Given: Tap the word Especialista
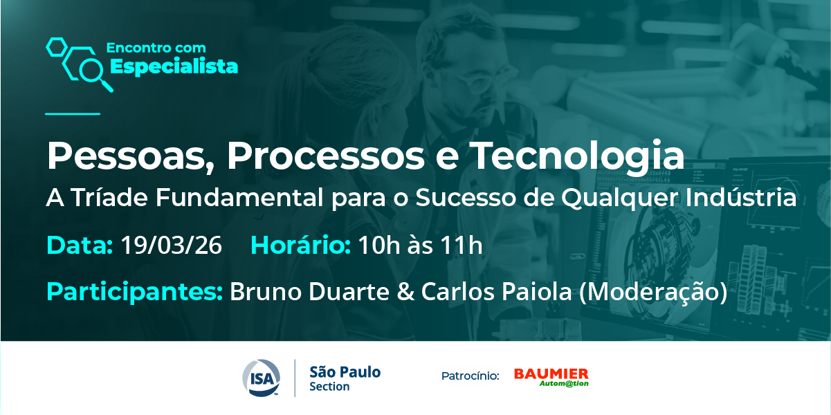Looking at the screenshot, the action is [x=174, y=67].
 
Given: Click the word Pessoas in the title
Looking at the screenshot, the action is [x=126, y=156].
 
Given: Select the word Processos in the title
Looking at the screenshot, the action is [x=326, y=156].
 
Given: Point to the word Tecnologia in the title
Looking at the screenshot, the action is [x=577, y=156].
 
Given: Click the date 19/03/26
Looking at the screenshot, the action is [x=172, y=246].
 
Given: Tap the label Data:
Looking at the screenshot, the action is [x=80, y=246].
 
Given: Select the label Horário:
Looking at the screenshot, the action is [x=300, y=245].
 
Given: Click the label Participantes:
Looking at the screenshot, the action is [x=135, y=292].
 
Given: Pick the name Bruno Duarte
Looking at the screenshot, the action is [x=310, y=291].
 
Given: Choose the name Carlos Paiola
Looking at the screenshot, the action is [x=497, y=291].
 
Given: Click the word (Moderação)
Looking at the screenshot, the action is [x=653, y=292].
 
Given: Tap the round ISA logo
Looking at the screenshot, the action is [x=262, y=378].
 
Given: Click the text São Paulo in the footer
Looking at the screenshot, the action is [x=345, y=371].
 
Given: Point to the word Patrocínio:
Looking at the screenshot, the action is [x=471, y=376].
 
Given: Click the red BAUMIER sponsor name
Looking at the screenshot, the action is [x=551, y=373].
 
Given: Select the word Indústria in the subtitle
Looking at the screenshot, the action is [x=741, y=198].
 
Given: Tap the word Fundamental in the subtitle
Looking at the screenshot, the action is [x=239, y=198].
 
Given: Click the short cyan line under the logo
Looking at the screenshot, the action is [x=73, y=114].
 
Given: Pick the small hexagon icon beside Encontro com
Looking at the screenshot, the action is [x=57, y=47].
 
